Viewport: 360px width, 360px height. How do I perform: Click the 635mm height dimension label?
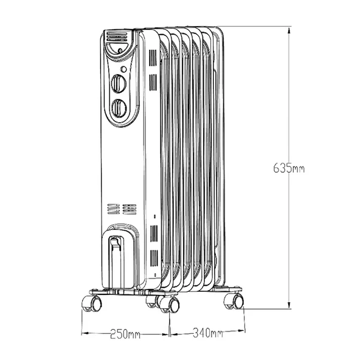tap(288, 168)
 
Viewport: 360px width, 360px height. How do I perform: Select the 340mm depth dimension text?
tap(207, 334)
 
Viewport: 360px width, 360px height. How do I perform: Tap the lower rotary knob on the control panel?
tap(117, 108)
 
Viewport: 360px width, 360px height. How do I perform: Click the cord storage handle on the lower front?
tap(116, 251)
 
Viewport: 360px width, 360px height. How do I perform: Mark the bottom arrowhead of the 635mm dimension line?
tap(289, 305)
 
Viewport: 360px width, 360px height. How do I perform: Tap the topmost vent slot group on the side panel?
tap(152, 58)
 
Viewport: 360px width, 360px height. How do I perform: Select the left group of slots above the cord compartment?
tap(112, 209)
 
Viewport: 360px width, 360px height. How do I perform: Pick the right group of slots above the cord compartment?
tap(129, 209)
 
